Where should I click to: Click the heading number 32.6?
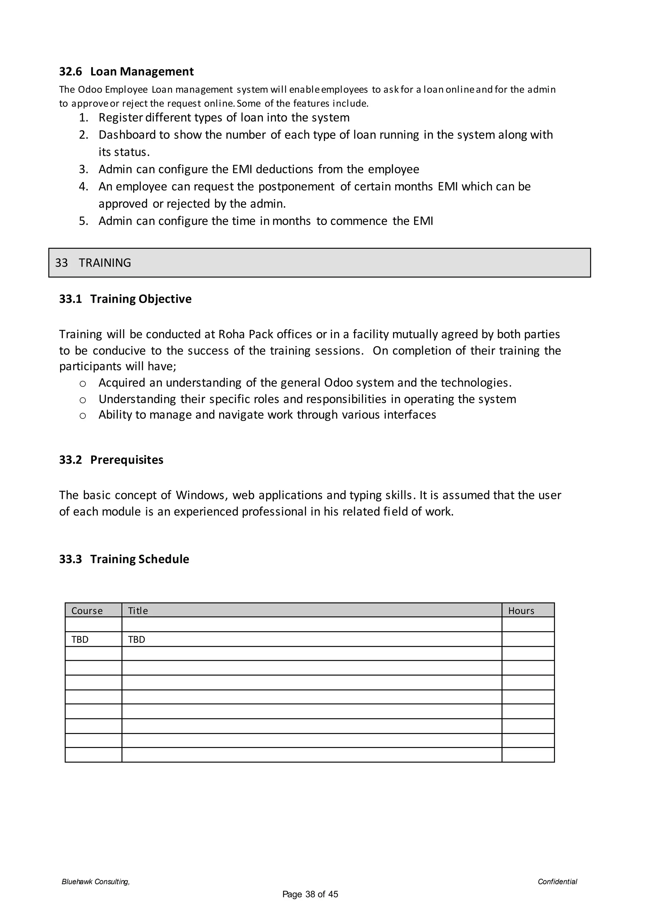tap(70, 72)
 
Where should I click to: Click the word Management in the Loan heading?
tap(157, 72)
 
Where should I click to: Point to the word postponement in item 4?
tap(296, 187)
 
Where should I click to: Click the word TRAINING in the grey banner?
tap(105, 263)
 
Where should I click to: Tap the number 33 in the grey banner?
tap(61, 263)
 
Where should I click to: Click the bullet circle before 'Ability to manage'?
tap(83, 416)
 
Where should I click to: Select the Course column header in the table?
tap(87, 611)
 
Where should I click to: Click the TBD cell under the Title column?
tap(136, 640)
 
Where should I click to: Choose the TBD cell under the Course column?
tap(80, 640)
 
